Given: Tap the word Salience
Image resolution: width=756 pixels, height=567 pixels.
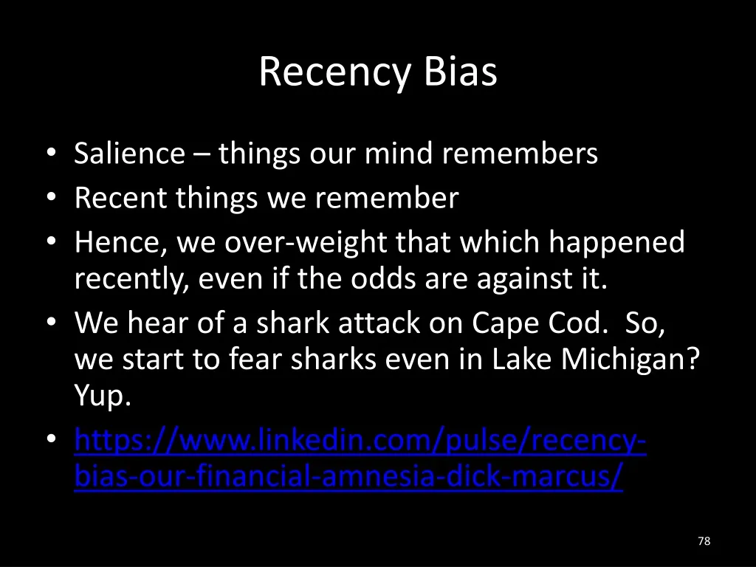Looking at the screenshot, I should (x=129, y=154).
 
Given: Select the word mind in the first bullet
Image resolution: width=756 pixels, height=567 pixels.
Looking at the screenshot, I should (x=398, y=154).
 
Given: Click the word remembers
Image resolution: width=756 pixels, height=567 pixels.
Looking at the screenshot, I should (x=520, y=154).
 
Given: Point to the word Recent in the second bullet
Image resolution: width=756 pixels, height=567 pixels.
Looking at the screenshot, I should (x=120, y=198).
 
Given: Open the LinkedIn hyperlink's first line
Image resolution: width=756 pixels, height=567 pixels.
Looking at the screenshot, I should (x=361, y=441).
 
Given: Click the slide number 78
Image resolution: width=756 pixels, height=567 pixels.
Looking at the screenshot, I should (x=704, y=541).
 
